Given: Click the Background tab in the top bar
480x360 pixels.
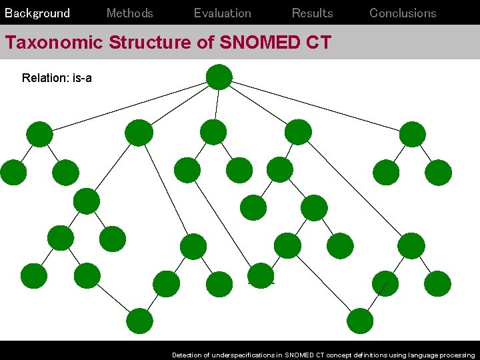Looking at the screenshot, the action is (x=37, y=13).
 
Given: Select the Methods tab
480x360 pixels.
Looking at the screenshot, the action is (x=130, y=13).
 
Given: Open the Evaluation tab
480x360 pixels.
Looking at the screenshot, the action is (x=223, y=13).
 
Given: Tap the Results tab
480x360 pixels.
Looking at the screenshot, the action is (x=313, y=13).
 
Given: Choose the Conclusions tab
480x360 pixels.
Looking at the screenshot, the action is (x=403, y=13).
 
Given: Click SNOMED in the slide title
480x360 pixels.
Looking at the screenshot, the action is (x=257, y=43).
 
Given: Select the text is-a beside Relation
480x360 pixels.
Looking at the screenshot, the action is (x=81, y=79).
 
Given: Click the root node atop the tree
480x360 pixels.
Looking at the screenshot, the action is (x=219, y=77).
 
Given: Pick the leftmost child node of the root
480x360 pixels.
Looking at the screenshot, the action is (x=39, y=134).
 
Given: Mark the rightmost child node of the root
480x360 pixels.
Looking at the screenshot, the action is (x=412, y=134).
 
